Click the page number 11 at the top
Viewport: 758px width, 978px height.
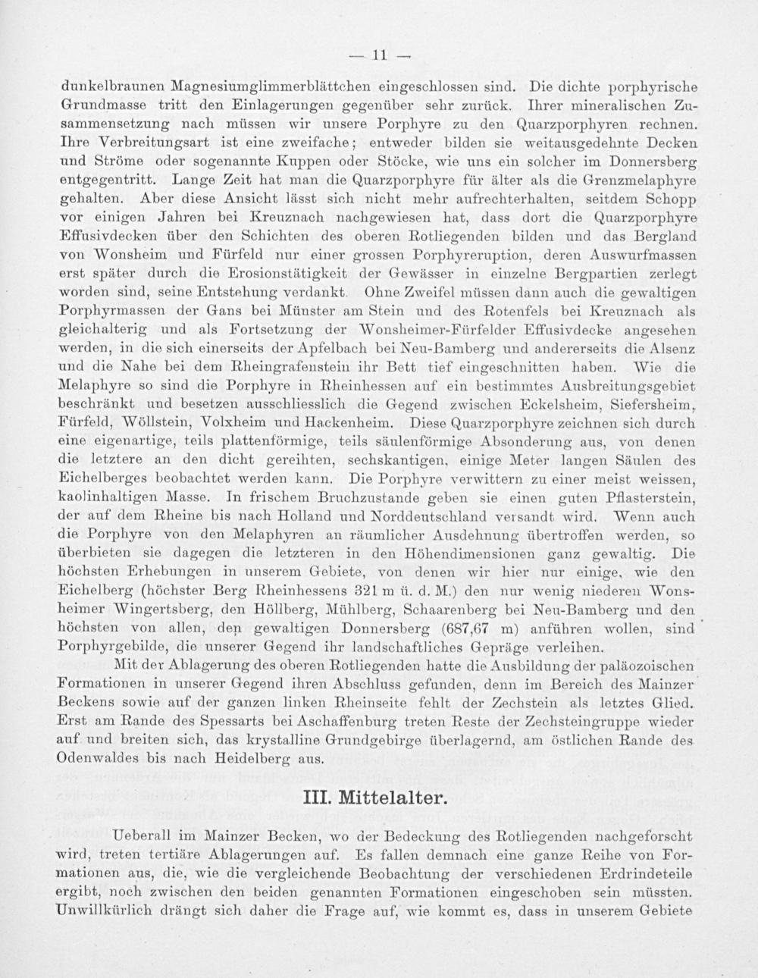pyautogui.click(x=379, y=54)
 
